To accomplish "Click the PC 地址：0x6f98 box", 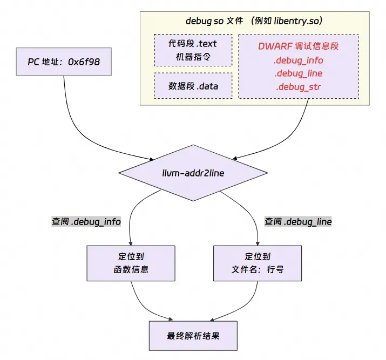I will click(x=64, y=62).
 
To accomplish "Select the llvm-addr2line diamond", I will click(x=193, y=172).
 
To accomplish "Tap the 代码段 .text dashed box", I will click(x=193, y=50).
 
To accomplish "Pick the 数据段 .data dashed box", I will click(x=193, y=86).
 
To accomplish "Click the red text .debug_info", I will click(x=298, y=60).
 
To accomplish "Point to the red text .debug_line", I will click(x=298, y=73).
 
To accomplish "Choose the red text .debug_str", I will click(x=298, y=86).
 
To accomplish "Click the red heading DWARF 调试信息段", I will click(x=298, y=46).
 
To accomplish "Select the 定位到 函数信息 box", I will click(x=131, y=263).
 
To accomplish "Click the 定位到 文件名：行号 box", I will click(x=257, y=263).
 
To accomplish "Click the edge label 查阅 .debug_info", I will click(x=86, y=222).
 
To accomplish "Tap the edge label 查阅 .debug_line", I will click(x=298, y=222).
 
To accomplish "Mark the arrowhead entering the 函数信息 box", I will click(x=131, y=243).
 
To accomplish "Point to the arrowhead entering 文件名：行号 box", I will click(x=257, y=243).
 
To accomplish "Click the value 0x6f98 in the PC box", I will click(x=84, y=62).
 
